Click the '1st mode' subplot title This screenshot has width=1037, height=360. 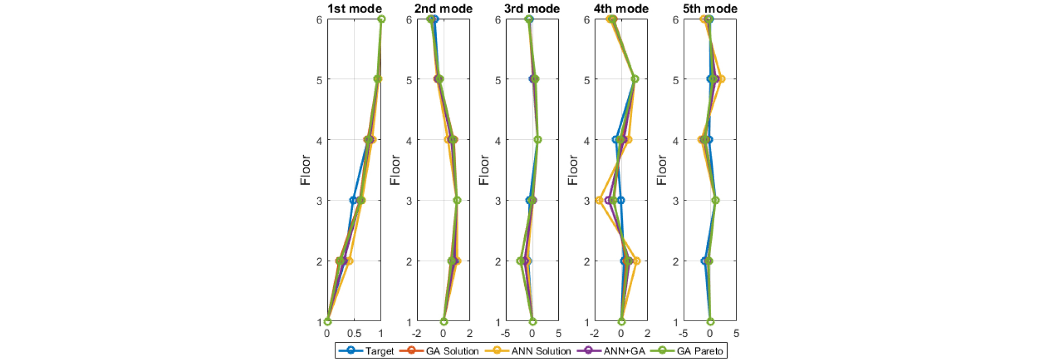click(x=354, y=8)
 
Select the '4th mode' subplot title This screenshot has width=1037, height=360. click(x=621, y=8)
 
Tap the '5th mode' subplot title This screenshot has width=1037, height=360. click(x=710, y=8)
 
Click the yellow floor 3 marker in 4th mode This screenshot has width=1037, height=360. click(x=599, y=200)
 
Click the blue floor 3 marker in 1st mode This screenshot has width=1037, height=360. click(x=353, y=200)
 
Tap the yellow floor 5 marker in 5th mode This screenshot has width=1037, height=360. click(x=721, y=79)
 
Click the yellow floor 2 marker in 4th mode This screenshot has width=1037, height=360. click(x=636, y=261)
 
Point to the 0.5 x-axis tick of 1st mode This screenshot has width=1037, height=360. click(x=354, y=334)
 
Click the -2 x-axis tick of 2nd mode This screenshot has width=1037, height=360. click(x=416, y=334)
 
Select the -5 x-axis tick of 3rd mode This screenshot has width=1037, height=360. click(x=505, y=334)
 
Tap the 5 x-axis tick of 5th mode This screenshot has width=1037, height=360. click(x=736, y=334)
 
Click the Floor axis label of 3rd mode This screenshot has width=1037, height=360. click(x=484, y=170)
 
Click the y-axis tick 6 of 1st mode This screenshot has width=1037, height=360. click(x=320, y=20)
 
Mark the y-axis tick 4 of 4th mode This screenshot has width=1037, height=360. click(x=587, y=140)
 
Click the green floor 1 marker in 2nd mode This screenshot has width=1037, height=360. click(x=444, y=321)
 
